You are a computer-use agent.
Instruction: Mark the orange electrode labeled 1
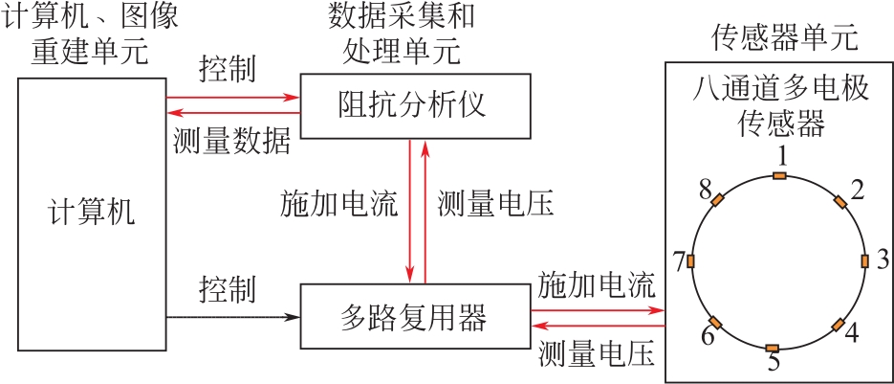coord(779,175)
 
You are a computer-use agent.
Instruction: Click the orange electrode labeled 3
coord(865,260)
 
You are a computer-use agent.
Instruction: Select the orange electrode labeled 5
coord(774,347)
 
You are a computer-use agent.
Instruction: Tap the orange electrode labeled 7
coord(691,261)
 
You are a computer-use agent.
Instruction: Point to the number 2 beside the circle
coord(858,189)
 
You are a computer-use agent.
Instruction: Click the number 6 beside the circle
coord(708,336)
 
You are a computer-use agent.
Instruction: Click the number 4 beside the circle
coord(851,334)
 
